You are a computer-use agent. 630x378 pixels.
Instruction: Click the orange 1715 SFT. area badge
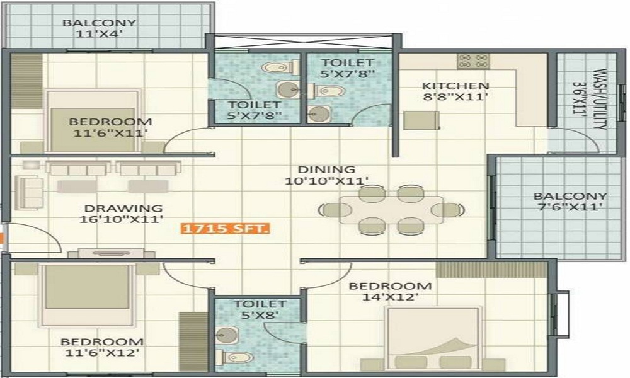[x=225, y=229]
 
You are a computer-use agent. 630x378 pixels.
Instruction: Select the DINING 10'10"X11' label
[x=326, y=175]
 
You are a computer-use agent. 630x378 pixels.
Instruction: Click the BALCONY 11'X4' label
[x=100, y=28]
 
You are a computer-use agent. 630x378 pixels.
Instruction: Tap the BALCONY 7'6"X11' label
[x=570, y=202]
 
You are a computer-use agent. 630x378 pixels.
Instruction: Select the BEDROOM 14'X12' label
[x=390, y=291]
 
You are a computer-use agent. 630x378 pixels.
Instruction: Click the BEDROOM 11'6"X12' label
[x=101, y=347]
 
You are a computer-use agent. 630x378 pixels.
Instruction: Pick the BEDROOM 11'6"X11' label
[x=110, y=127]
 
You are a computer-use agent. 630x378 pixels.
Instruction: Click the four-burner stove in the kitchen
[x=473, y=60]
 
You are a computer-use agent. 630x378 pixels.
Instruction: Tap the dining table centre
[x=392, y=209]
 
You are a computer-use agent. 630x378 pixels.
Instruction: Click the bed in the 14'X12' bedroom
[x=433, y=338]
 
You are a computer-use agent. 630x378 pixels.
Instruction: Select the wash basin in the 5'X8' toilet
[x=227, y=335]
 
